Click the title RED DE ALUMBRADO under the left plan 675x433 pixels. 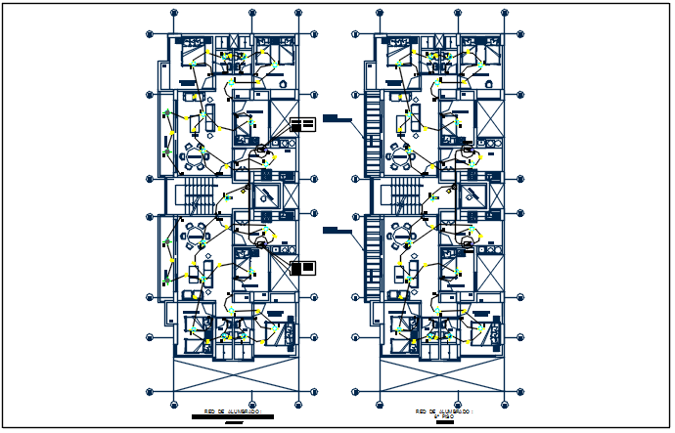click(232, 411)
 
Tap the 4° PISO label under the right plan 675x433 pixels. click(443, 417)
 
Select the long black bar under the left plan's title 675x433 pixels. click(232, 417)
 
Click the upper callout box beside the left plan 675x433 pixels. click(303, 123)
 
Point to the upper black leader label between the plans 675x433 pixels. click(337, 118)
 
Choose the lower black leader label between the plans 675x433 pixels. click(337, 230)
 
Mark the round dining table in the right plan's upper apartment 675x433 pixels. click(402, 156)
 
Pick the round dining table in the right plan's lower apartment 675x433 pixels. click(402, 235)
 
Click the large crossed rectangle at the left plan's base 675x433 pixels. click(235, 374)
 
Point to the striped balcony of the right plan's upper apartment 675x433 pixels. click(373, 133)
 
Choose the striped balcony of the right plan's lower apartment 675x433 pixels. click(373, 258)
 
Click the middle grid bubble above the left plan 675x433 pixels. click(251, 13)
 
